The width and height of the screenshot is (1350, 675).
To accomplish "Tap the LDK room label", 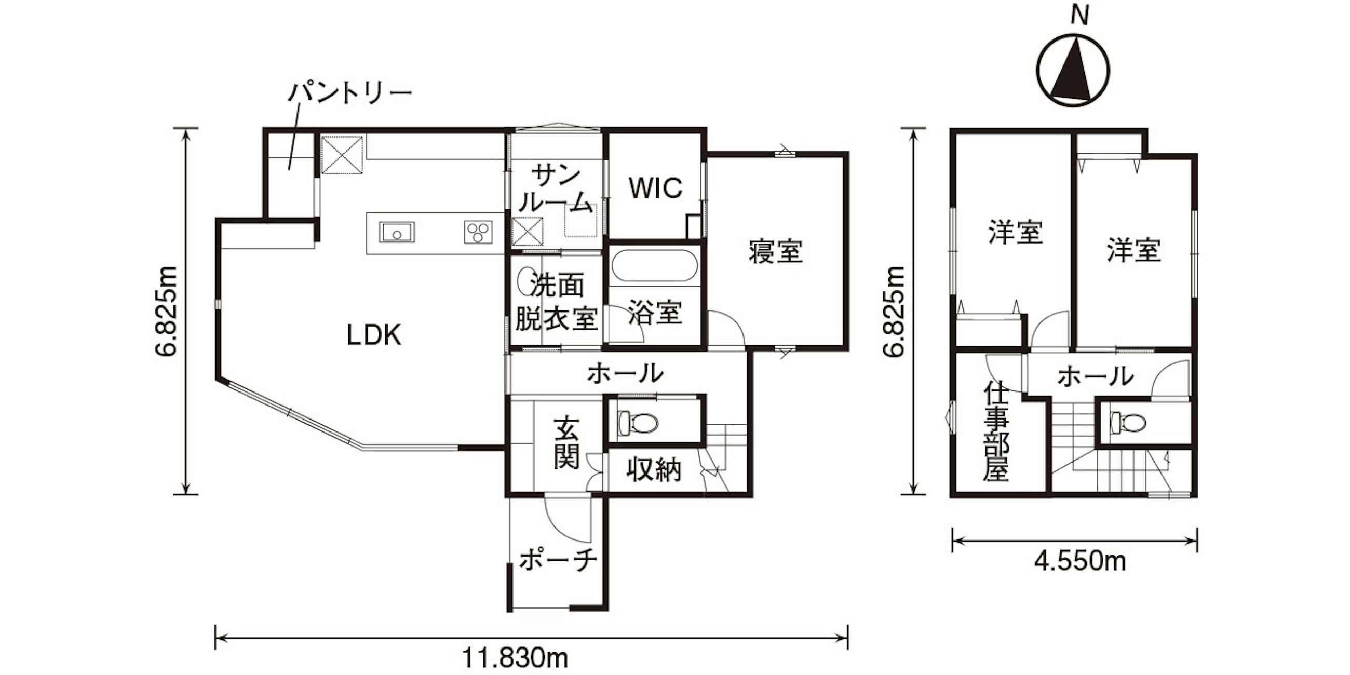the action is click(374, 335).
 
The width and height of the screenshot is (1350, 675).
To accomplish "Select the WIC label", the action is click(656, 188).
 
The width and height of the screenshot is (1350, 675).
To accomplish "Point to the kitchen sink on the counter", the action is click(397, 232).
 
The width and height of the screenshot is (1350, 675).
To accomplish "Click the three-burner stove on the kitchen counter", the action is click(478, 232).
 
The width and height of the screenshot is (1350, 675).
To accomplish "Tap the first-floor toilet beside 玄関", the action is click(637, 423).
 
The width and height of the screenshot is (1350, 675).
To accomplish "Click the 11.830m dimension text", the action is click(515, 658).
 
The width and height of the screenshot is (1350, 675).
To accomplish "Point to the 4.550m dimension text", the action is click(1080, 561).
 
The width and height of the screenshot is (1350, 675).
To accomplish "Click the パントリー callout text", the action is click(350, 94).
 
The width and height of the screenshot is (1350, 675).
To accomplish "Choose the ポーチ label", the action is click(558, 560).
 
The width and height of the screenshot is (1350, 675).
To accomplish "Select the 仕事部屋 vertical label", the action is click(996, 431).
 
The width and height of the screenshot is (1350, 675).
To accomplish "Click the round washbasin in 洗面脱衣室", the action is click(524, 281).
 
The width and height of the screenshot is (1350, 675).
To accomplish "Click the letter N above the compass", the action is click(1080, 17).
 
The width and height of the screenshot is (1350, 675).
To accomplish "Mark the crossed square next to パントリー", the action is click(342, 155).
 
